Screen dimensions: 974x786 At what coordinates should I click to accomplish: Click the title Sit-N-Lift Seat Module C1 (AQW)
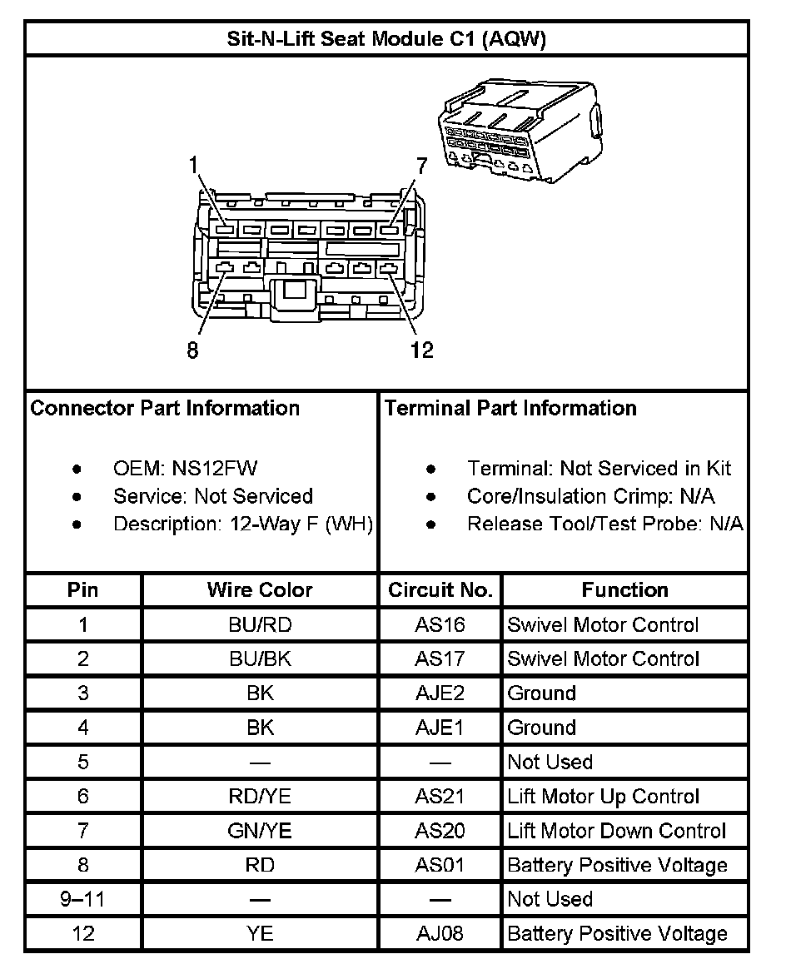pos(386,39)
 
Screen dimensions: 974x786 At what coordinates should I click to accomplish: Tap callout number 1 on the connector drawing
pos(194,166)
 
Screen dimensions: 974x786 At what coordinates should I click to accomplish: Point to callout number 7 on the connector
pos(421,166)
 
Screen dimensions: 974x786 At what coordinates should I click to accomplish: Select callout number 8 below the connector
pos(193,350)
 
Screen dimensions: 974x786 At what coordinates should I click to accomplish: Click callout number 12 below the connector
pos(422,350)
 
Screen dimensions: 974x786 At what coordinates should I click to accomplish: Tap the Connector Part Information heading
pos(165,409)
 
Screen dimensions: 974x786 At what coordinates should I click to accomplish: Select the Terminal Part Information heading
pos(510,409)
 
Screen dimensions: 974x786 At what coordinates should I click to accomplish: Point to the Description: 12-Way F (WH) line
pos(242,524)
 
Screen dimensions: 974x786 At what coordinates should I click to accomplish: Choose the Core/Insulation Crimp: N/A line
pos(590,497)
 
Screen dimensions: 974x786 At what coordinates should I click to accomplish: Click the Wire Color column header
pos(260,590)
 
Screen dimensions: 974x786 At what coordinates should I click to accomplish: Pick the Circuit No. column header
pos(440,590)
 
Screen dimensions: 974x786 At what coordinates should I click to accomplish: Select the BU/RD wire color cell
pos(260,625)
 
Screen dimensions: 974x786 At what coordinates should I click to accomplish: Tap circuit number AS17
pos(440,659)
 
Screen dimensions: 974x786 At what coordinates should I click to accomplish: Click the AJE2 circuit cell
pos(440,693)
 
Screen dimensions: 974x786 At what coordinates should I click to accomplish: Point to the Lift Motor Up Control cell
pos(604,797)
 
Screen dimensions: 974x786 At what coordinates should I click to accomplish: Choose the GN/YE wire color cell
pos(260,831)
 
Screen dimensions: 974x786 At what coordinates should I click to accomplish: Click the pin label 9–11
pos(82,899)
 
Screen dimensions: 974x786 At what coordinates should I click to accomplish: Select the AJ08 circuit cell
pos(440,933)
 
